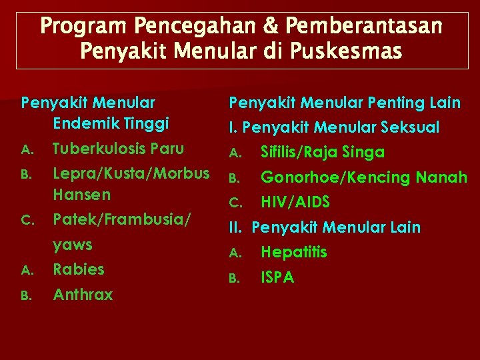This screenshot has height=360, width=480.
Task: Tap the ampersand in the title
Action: [262, 27]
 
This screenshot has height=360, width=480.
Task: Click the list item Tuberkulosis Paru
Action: [118, 148]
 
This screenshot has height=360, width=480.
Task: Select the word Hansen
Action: [82, 195]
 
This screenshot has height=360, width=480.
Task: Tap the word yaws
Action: [73, 245]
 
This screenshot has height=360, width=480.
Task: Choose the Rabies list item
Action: [79, 269]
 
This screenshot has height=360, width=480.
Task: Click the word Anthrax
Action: [83, 294]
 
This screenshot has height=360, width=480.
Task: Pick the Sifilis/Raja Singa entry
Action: [323, 152]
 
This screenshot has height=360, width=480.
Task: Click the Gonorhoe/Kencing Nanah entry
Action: [363, 177]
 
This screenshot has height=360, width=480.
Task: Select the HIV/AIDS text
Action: [295, 202]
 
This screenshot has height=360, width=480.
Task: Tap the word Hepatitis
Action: [294, 252]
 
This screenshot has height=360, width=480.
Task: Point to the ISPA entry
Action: [277, 277]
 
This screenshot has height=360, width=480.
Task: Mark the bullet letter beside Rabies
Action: [27, 271]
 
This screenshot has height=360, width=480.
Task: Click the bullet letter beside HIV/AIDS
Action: [234, 203]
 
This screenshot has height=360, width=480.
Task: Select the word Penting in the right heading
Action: [391, 103]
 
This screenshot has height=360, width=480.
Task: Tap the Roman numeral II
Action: [235, 227]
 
